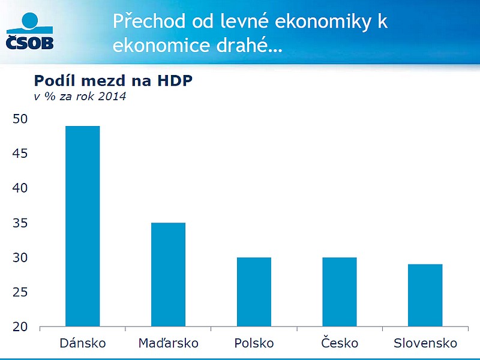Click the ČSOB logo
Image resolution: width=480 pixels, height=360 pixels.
(x=29, y=31)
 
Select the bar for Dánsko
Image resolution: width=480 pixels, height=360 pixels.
(x=83, y=226)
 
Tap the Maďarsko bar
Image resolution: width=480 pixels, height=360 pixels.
(x=169, y=275)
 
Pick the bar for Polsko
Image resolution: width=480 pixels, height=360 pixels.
(x=254, y=292)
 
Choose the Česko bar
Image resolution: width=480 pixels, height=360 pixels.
(x=340, y=292)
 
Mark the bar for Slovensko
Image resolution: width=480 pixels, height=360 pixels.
(x=425, y=295)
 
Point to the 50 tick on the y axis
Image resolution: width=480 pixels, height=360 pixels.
(x=20, y=119)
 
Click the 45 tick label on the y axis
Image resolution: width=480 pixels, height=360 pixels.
(x=20, y=153)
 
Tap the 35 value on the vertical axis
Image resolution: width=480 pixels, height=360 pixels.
(x=20, y=223)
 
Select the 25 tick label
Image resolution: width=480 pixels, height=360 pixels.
(x=20, y=292)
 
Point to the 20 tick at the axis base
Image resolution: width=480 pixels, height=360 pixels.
(x=20, y=327)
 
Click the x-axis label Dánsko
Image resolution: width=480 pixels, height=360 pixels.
(x=83, y=343)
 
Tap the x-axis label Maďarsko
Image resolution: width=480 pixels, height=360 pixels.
(x=169, y=343)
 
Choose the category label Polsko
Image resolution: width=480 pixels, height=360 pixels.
(x=254, y=343)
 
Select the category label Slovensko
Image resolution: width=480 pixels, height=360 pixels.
(x=425, y=343)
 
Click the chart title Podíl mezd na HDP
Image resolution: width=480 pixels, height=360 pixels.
(x=113, y=80)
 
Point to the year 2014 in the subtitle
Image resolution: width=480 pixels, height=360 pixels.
(x=112, y=97)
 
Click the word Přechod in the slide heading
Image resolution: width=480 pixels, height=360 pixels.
(x=149, y=21)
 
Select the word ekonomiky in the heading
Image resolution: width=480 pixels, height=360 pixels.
(x=323, y=22)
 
